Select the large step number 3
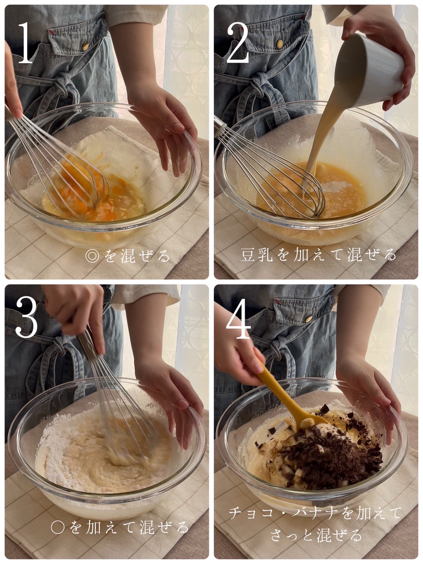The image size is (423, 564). coord(26,317)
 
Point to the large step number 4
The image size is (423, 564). coord(238,318)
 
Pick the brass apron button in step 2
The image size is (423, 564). coord(280,44)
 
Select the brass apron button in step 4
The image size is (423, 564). coord(308,319)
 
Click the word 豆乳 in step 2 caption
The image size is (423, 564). coord(257,255)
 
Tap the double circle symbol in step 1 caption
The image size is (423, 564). coord(92,256)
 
